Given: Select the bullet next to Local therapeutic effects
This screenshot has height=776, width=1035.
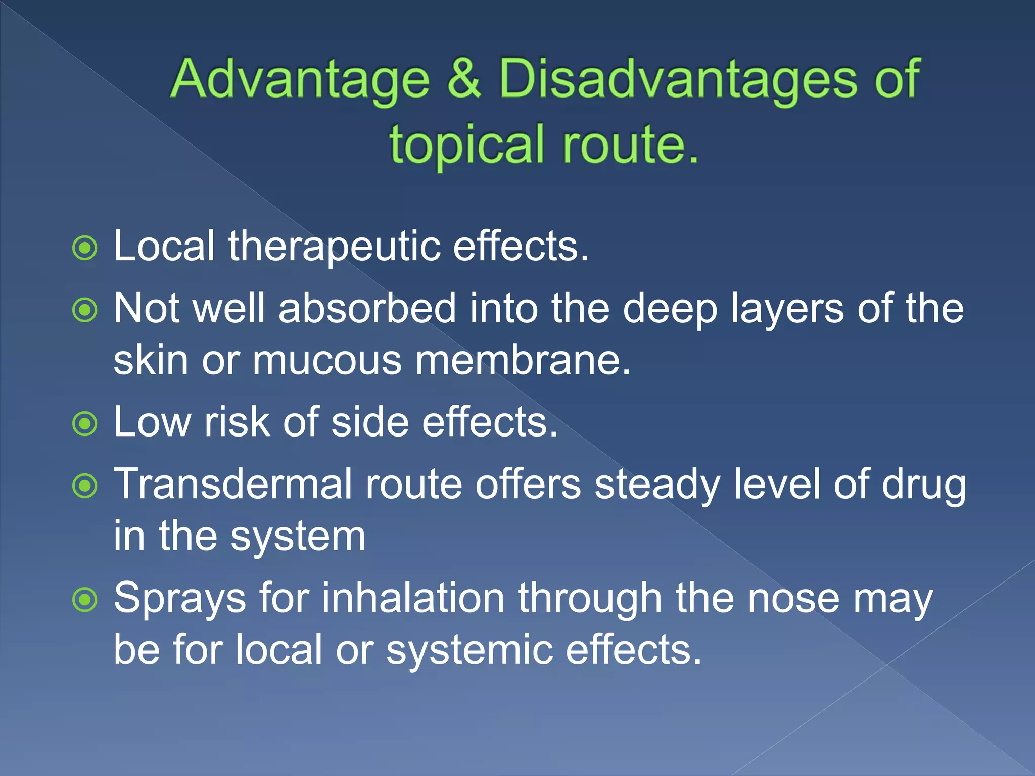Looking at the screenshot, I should click(x=85, y=248).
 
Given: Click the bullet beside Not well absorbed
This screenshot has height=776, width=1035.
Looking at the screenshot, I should click(x=85, y=310).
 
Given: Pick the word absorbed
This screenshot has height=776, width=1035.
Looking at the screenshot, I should click(x=367, y=309).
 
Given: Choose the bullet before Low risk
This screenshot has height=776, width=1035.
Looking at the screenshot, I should click(x=85, y=423).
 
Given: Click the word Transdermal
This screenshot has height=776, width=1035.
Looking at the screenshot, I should click(x=232, y=484).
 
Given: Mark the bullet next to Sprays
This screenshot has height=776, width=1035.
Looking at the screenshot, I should click(x=85, y=600).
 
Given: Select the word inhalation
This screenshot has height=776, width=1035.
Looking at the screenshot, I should click(x=413, y=599).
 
